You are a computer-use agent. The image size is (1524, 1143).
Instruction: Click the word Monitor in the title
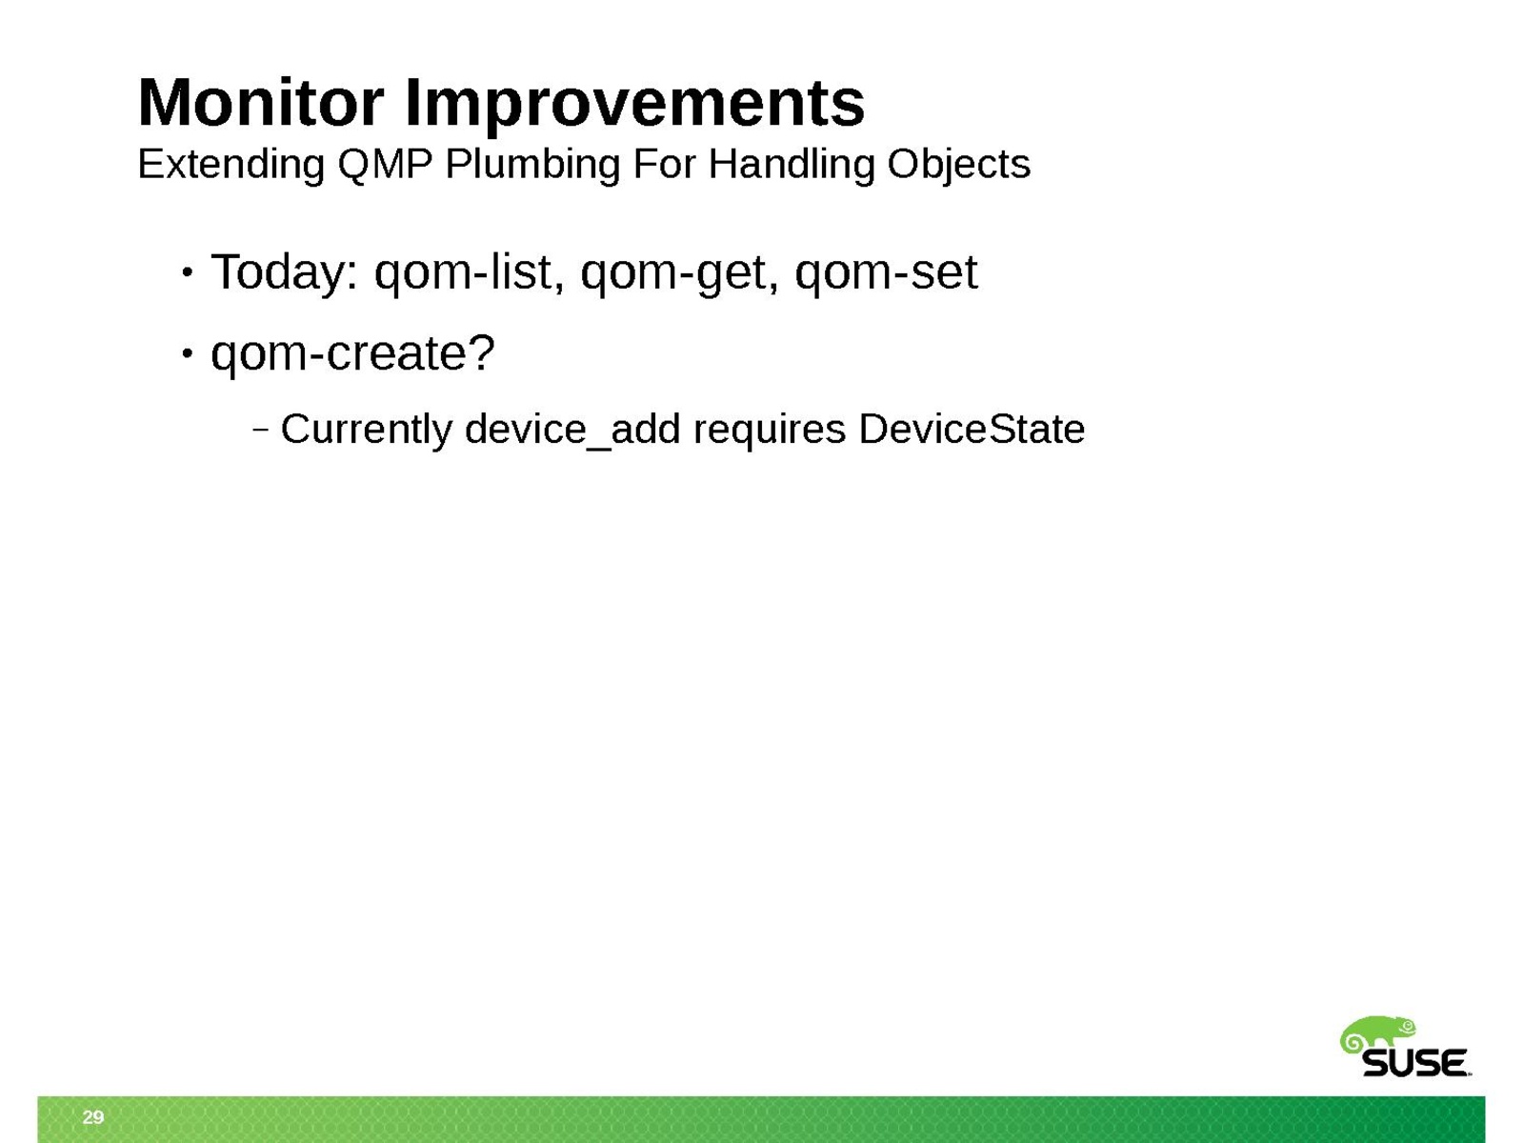260,103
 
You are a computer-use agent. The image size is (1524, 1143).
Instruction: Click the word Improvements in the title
634,106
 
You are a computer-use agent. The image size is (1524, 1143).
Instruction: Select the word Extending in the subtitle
231,166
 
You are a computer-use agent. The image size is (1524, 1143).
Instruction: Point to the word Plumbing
531,166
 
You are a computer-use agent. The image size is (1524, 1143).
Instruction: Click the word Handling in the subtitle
791,166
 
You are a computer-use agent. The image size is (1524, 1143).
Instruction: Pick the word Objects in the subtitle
958,166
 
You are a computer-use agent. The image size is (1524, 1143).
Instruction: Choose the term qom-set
886,273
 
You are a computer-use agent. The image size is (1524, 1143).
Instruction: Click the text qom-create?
352,354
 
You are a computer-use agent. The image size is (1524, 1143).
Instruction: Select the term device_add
572,431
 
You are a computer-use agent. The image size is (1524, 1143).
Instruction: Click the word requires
770,431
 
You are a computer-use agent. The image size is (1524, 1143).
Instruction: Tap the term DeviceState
972,429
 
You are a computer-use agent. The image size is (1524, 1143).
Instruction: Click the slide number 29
93,1116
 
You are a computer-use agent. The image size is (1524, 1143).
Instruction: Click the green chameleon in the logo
1376,1035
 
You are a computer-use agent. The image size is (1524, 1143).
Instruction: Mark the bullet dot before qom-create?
187,354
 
